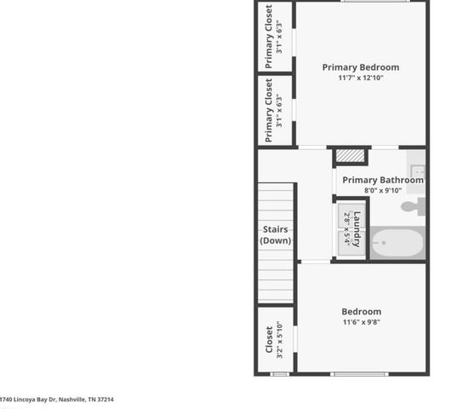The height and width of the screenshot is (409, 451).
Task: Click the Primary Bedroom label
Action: [x=360, y=67]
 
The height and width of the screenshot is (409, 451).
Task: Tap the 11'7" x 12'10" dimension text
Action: [x=360, y=78]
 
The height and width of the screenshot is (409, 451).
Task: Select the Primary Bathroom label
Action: [x=382, y=180]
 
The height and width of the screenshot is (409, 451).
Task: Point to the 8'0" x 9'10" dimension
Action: [x=382, y=191]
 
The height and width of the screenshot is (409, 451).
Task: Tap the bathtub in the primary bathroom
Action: [x=397, y=245]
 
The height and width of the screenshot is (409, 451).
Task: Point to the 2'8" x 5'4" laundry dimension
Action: [x=347, y=228]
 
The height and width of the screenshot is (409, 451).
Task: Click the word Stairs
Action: [x=276, y=228]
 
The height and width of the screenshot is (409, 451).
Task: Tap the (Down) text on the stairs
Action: [x=276, y=240]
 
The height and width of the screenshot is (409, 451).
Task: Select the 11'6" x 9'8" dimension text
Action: [x=361, y=323]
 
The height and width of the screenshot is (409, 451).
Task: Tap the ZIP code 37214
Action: [x=105, y=399]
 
